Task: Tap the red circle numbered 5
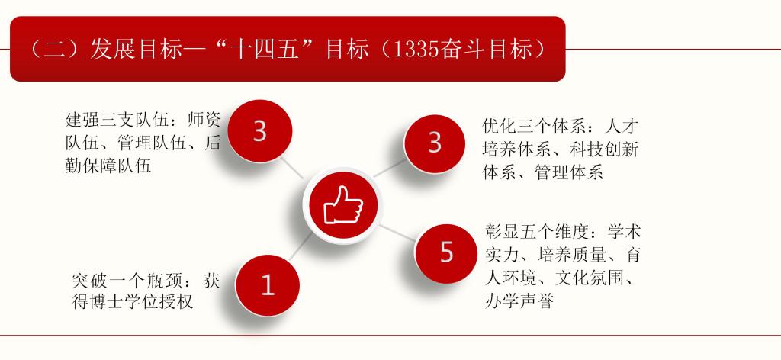446,252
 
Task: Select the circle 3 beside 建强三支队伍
259,131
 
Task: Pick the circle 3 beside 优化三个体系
434,142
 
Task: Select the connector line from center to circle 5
397,230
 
